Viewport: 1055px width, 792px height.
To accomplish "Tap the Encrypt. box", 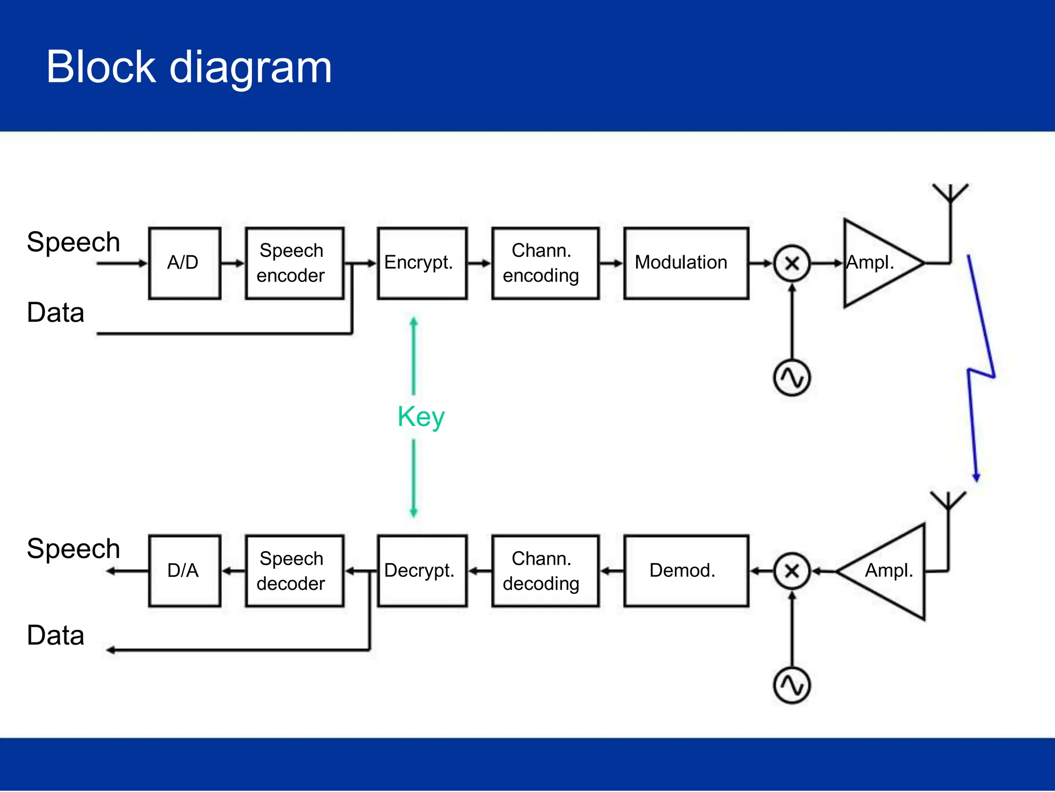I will [422, 263].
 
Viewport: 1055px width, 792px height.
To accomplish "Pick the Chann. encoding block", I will [545, 263].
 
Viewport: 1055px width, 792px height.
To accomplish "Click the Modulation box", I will [686, 263].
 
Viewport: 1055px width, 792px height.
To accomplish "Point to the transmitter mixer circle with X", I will [792, 263].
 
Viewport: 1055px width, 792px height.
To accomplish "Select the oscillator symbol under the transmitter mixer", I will [792, 378].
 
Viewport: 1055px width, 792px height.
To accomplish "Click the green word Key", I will [421, 417].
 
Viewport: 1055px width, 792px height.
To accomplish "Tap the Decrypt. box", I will [422, 571].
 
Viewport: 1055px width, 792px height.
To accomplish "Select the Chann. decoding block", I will [545, 571].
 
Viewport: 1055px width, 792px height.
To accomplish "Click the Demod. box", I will [686, 571].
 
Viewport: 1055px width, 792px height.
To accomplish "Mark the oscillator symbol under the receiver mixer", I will [792, 686].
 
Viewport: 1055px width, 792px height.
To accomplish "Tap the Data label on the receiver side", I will [56, 635].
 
